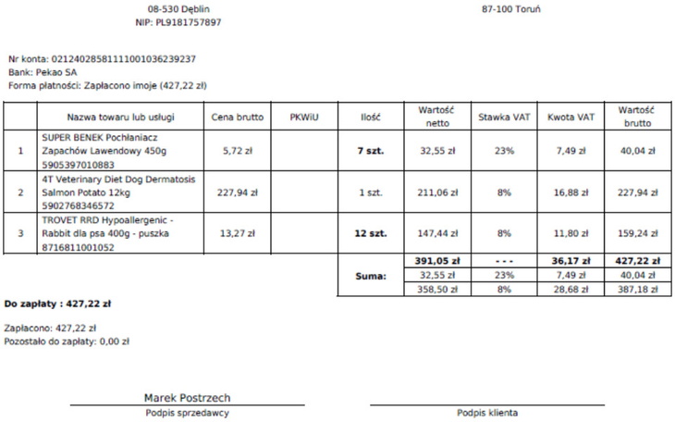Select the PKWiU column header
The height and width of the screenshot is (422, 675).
(x=304, y=118)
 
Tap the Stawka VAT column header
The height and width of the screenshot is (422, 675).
(x=504, y=118)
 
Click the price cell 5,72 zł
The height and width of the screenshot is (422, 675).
(x=238, y=150)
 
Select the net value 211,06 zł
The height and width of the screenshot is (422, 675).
(x=437, y=192)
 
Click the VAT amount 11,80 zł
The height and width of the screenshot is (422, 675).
(x=571, y=234)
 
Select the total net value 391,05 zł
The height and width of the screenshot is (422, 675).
(x=437, y=262)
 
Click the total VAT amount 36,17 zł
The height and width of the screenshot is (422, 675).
(x=571, y=262)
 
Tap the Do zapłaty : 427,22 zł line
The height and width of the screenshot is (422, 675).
(x=58, y=303)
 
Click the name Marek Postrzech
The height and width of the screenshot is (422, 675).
(x=188, y=398)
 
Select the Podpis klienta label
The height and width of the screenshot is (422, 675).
(x=486, y=413)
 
